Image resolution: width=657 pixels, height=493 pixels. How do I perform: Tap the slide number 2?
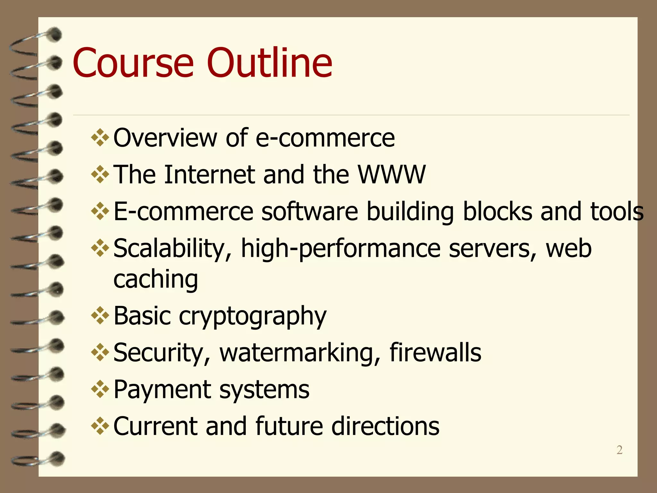(619, 450)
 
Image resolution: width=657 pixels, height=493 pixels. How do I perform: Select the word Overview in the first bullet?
(165, 138)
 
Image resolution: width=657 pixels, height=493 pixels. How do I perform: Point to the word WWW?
(392, 175)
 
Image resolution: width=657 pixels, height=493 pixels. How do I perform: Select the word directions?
(385, 426)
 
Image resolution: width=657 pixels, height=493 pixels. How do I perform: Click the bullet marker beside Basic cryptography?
(100, 316)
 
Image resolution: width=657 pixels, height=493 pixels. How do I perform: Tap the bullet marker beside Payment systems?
(100, 389)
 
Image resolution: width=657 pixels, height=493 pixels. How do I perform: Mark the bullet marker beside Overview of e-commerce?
(100, 137)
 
